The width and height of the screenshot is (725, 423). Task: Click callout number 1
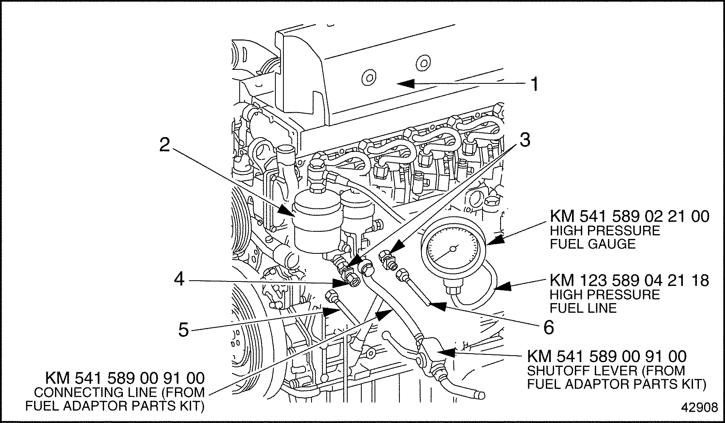tap(534, 84)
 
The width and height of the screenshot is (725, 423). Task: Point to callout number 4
tap(179, 279)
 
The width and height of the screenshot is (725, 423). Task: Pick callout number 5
tap(183, 330)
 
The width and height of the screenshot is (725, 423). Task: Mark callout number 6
tap(548, 327)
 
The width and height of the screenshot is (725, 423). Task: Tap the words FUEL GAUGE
tap(593, 244)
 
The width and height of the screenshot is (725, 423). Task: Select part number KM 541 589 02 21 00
tap(629, 217)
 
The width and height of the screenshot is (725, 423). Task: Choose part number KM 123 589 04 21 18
tap(629, 281)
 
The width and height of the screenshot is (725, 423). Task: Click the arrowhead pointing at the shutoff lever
tap(448, 352)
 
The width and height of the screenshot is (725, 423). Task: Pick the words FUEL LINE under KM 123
tap(583, 308)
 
